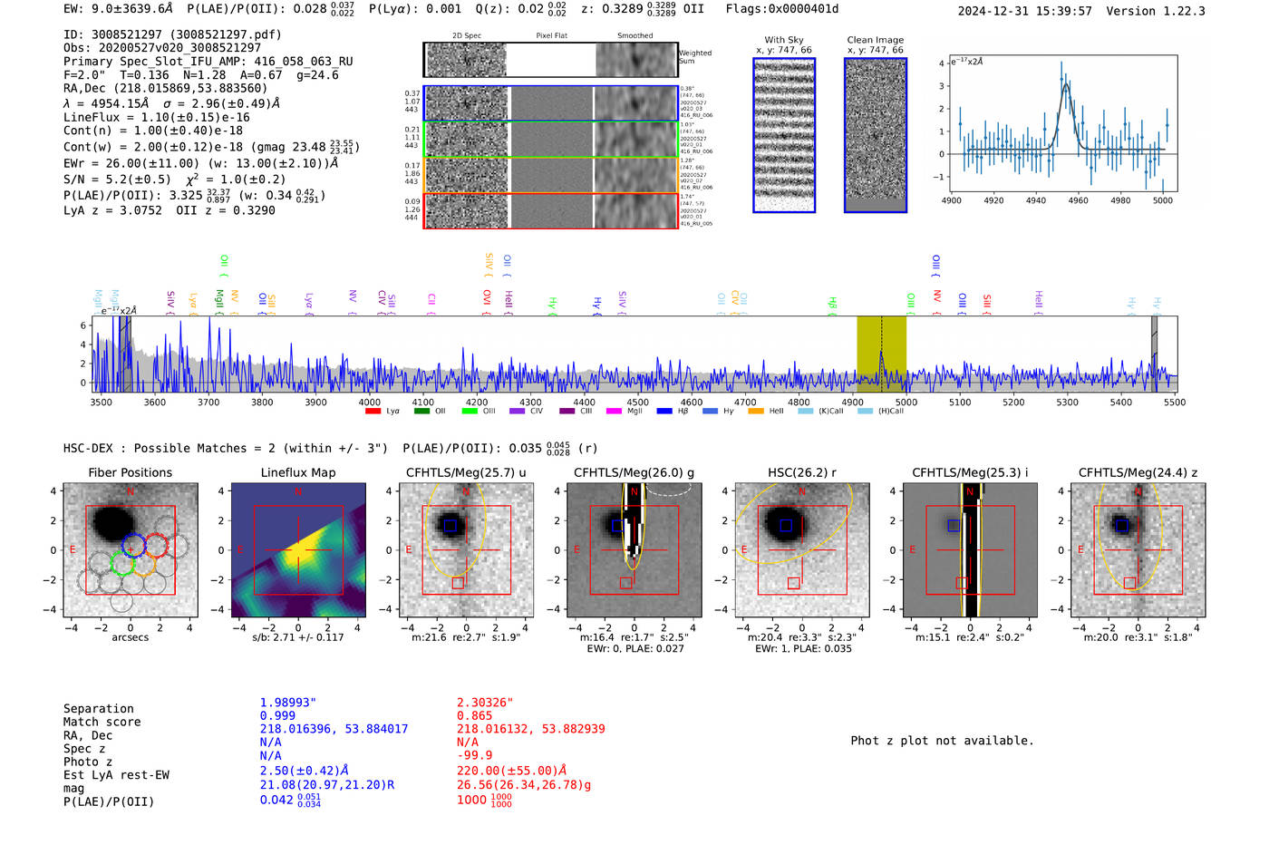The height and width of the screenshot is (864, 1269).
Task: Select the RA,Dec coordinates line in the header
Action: (166, 89)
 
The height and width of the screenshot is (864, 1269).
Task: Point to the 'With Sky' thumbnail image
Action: (784, 136)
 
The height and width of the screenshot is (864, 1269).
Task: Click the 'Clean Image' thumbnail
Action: (875, 136)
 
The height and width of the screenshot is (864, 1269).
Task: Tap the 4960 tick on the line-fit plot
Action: (1078, 200)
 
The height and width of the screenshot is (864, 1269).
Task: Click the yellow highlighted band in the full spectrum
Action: (881, 354)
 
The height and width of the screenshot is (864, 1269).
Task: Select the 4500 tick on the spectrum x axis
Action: (637, 402)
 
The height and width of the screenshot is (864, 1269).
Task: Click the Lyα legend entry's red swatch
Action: (373, 412)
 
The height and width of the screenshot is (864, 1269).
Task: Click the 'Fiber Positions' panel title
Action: (130, 472)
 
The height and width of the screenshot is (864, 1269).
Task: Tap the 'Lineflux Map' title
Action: (297, 472)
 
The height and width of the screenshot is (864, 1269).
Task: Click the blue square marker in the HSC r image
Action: (786, 526)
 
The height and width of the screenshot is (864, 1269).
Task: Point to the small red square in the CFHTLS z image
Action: (1129, 583)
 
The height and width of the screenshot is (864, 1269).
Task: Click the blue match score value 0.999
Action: (277, 716)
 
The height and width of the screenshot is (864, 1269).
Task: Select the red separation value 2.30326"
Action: (485, 703)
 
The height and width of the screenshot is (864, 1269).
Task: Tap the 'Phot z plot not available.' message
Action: (942, 741)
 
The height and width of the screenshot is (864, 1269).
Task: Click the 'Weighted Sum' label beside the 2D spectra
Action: (695, 57)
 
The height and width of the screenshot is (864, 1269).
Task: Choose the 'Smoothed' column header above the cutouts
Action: (634, 36)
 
